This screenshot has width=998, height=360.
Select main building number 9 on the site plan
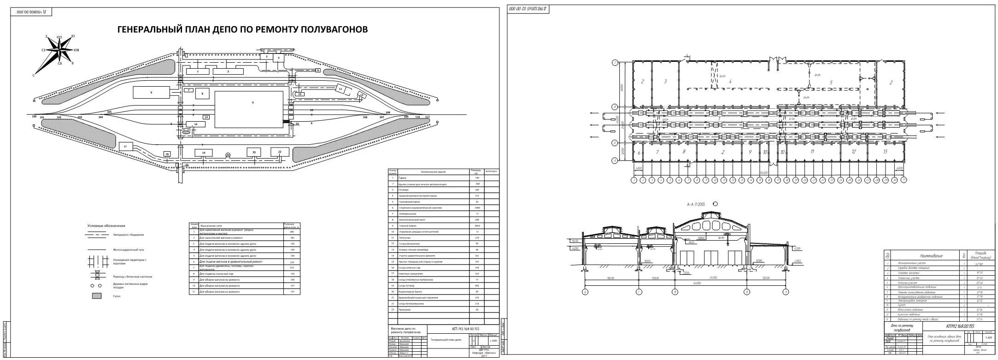tap(249, 109)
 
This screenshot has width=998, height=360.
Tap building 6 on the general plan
tap(151, 92)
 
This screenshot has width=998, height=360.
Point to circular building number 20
tap(228, 155)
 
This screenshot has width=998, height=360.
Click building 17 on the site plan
tap(125, 146)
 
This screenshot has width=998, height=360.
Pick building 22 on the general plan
tap(279, 152)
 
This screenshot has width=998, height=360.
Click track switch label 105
tap(109, 112)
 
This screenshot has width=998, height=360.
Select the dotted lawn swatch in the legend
tap(97, 296)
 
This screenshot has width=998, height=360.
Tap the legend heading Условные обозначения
tap(106, 226)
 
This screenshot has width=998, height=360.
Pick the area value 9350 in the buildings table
tap(477, 226)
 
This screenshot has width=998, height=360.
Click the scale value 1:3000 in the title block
tap(493, 341)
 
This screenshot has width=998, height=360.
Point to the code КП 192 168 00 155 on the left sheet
tap(463, 329)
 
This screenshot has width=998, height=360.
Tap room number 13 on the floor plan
tap(885, 152)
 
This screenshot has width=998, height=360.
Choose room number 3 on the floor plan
tap(665, 82)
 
